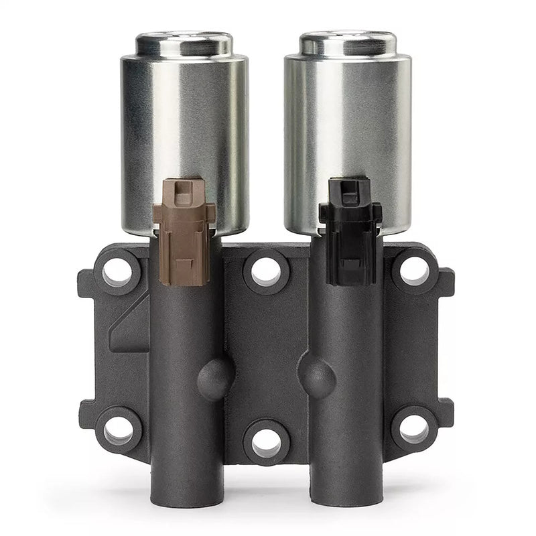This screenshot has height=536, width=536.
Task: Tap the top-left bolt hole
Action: (x=118, y=271)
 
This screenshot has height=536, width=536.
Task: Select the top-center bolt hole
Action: (x=266, y=271)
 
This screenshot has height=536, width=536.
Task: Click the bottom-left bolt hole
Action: (x=118, y=429)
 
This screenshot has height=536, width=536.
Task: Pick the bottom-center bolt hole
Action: (x=266, y=442)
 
